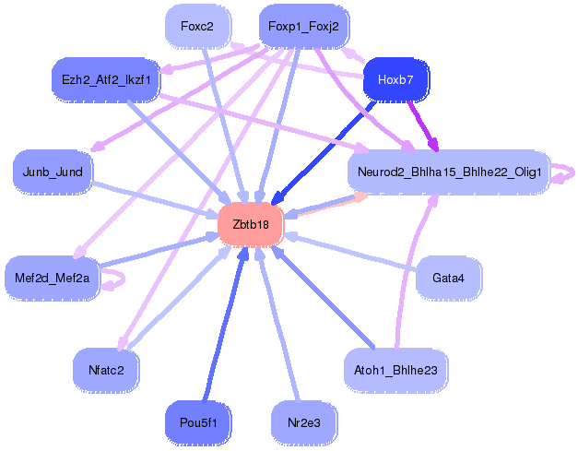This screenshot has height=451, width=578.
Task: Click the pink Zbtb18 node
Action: pyautogui.click(x=250, y=225)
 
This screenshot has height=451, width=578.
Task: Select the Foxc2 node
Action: pyautogui.click(x=197, y=27)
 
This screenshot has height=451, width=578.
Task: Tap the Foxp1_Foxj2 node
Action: pyautogui.click(x=303, y=27)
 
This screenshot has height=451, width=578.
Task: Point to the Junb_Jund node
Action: pyautogui.click(x=53, y=172)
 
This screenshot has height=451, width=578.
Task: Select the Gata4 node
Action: pyautogui.click(x=448, y=277)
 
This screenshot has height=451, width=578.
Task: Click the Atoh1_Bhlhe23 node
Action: pyautogui.click(x=395, y=369)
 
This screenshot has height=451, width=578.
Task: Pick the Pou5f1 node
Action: pyautogui.click(x=198, y=422)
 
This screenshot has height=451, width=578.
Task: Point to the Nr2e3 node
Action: pyautogui.click(x=303, y=422)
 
